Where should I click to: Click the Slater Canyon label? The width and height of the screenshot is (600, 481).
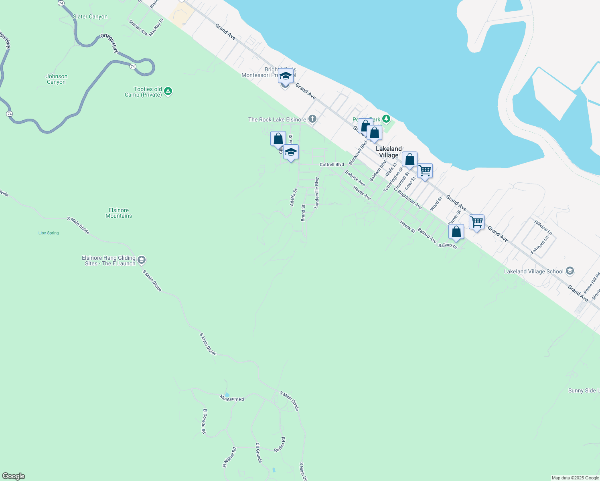[x=90, y=17]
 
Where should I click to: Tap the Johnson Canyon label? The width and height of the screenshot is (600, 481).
[x=56, y=79]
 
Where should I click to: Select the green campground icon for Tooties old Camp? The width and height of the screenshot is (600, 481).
[x=168, y=92]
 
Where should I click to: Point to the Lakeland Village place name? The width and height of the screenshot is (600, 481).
[x=389, y=152]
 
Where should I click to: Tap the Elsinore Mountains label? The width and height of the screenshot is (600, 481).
[x=119, y=213]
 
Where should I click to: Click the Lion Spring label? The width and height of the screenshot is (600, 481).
[x=49, y=233]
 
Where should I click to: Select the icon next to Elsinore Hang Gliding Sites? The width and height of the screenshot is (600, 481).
[x=141, y=260]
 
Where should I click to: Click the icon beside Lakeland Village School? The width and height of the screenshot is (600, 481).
[x=570, y=271]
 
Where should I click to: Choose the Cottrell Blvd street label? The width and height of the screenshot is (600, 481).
[x=332, y=165]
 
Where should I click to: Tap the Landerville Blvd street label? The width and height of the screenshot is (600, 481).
[x=316, y=193]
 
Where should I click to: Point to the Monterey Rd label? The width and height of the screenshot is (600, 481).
[x=232, y=398]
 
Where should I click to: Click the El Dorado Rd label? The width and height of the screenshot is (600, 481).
[x=204, y=421]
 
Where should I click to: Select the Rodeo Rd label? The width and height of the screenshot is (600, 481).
[x=280, y=445]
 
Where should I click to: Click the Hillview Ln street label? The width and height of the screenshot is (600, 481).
[x=543, y=227]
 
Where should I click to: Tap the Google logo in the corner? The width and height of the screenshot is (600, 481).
[x=14, y=476]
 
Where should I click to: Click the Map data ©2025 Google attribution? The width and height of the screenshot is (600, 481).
[x=575, y=478]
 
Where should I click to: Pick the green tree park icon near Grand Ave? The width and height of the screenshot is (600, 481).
[x=386, y=119]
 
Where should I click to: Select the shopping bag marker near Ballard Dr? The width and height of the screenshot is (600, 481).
[x=456, y=232]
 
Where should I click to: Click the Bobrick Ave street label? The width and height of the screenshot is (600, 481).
[x=355, y=178]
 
